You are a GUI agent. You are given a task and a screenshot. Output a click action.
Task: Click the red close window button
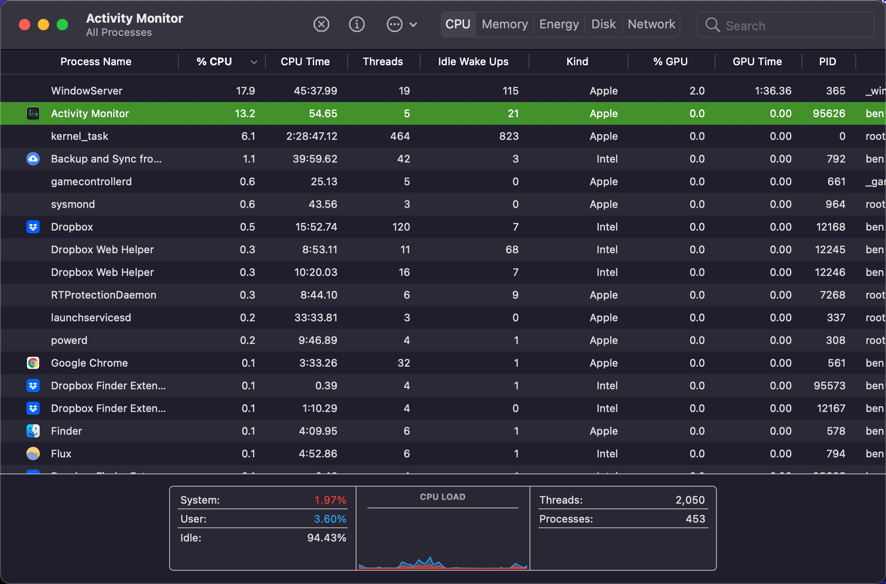[x=25, y=25]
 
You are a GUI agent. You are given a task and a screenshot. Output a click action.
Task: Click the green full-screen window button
[x=62, y=25]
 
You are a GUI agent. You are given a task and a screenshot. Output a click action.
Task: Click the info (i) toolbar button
[x=357, y=24]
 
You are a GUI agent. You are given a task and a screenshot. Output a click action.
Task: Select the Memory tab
[x=504, y=24]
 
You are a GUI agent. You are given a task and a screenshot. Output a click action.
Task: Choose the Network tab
[x=651, y=24]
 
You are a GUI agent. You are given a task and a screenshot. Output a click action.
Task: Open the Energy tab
[x=559, y=24]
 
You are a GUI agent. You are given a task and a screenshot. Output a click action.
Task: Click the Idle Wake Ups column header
[x=473, y=61]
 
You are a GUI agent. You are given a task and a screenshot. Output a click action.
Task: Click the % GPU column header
[x=670, y=61]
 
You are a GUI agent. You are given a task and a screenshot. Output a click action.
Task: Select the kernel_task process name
[x=79, y=136]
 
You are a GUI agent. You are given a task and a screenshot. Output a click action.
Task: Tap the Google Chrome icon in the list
[x=33, y=363]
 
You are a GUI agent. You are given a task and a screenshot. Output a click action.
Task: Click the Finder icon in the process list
[x=33, y=431]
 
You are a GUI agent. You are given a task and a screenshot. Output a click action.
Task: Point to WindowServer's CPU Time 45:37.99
[x=315, y=91]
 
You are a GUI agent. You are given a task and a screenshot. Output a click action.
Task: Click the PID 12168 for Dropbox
[x=830, y=227]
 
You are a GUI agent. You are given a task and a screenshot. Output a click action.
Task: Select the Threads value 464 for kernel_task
[x=400, y=136]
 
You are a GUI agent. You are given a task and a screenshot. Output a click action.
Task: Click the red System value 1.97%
[x=330, y=500]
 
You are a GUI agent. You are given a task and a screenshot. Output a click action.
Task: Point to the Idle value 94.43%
[x=326, y=538]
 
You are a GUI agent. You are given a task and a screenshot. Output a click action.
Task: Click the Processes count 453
[x=695, y=519]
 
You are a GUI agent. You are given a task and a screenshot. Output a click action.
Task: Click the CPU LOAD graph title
[x=443, y=497]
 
